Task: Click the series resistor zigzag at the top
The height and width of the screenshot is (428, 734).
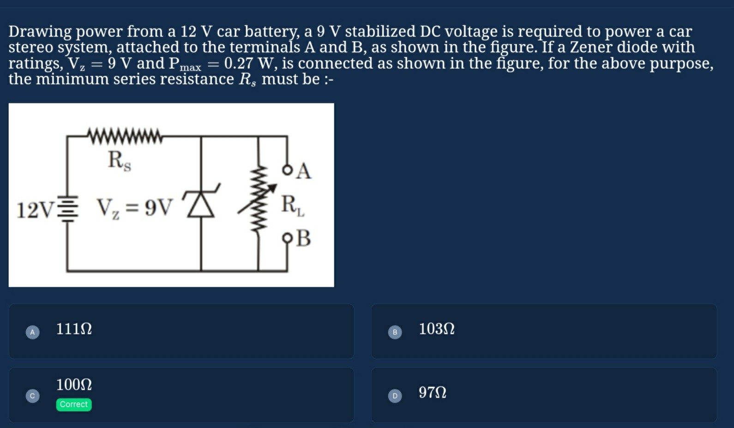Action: point(125,137)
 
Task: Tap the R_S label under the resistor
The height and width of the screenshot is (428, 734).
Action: point(119,161)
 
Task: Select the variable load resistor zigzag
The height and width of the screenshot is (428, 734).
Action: point(259,199)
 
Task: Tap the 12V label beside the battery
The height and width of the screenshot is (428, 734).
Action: point(35,211)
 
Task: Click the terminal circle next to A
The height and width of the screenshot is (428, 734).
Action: point(288,170)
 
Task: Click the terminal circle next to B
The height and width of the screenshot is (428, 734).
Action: point(288,238)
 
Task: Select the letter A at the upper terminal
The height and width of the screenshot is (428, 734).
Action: point(303,171)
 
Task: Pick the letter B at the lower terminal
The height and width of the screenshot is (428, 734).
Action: point(303,238)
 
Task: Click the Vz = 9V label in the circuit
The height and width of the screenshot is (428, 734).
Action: point(134,208)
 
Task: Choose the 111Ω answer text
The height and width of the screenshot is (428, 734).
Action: point(74,329)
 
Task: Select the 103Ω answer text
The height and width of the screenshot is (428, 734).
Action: point(436,329)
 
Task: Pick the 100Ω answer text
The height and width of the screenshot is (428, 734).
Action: point(74,385)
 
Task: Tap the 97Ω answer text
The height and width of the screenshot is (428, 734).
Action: point(432,392)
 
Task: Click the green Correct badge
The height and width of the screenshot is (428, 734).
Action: point(74,404)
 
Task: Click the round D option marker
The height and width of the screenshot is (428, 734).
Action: point(395,396)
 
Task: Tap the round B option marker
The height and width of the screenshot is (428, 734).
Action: point(395,332)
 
